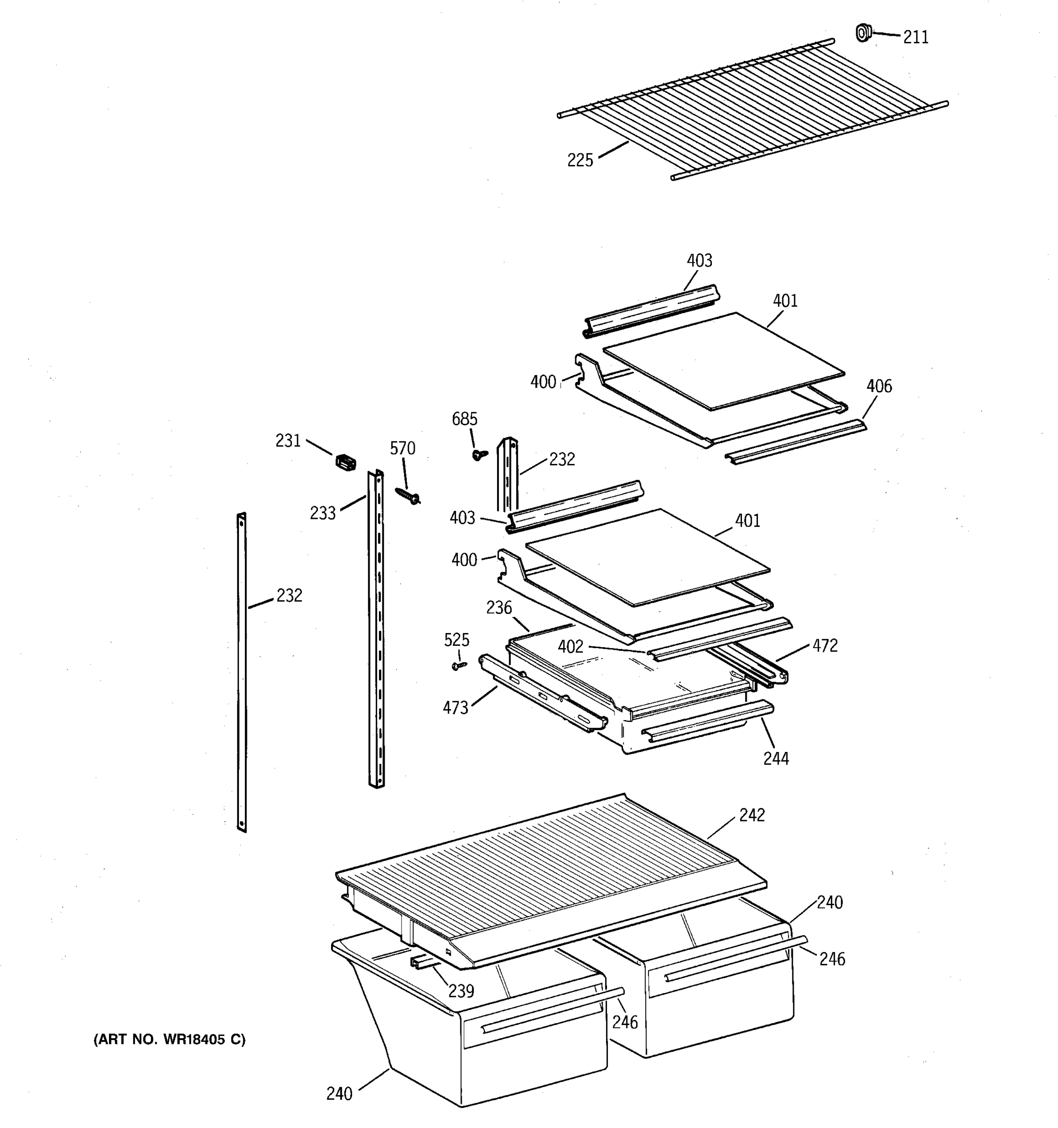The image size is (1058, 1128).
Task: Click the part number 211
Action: click(x=916, y=38)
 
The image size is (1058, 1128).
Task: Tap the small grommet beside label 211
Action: click(x=862, y=33)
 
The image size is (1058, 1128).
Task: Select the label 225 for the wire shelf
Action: click(x=579, y=161)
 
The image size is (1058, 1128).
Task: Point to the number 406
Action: click(x=879, y=386)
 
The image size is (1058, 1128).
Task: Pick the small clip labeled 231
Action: click(x=346, y=462)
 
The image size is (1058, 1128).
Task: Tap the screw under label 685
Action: click(x=479, y=454)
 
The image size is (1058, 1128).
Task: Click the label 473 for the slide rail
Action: click(x=455, y=707)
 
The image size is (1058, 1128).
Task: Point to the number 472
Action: click(x=825, y=646)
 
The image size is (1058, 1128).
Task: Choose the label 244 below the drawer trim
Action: click(x=775, y=759)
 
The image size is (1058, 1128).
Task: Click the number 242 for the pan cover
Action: click(x=751, y=815)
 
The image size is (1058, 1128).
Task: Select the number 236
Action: click(x=499, y=608)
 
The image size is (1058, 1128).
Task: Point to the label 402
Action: click(x=570, y=647)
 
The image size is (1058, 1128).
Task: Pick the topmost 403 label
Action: click(x=699, y=261)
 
